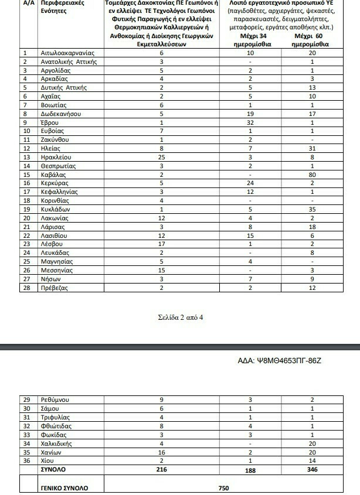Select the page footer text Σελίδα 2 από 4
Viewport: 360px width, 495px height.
tap(180, 318)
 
